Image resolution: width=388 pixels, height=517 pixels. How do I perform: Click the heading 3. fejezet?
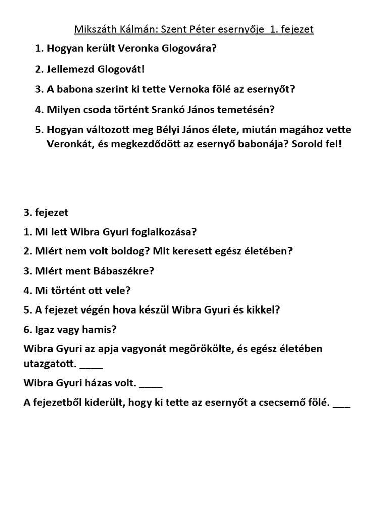coord(46,213)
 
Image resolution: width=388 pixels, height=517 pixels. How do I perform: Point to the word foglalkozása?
coord(165,232)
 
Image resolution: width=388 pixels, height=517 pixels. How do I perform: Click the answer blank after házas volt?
coord(151,384)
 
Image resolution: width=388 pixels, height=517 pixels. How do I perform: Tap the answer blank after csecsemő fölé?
coord(342,403)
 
